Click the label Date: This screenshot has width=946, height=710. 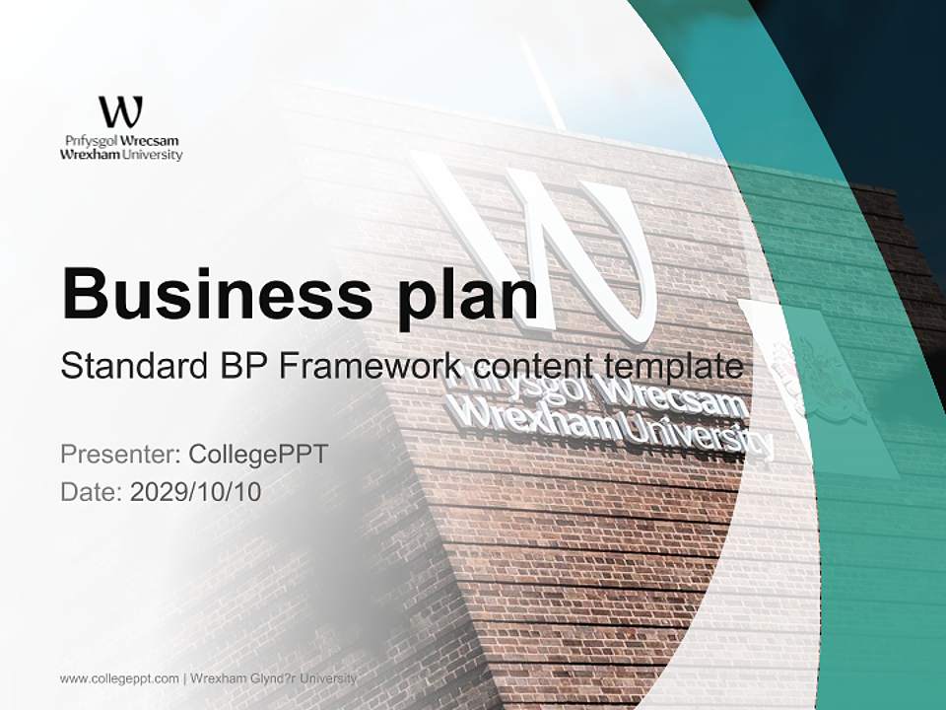tap(91, 492)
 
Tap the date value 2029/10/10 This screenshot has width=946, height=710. tap(196, 492)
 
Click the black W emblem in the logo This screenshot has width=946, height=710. tap(121, 111)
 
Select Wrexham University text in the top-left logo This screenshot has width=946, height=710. tap(121, 155)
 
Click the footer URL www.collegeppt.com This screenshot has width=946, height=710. tap(119, 678)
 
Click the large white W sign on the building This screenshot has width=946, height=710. tap(562, 247)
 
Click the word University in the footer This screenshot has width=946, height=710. tap(330, 678)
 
